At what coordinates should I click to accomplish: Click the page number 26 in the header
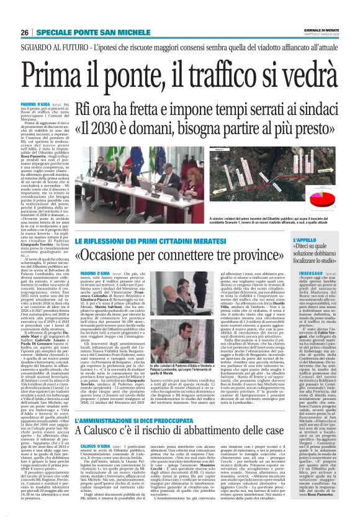pos(24,32)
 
